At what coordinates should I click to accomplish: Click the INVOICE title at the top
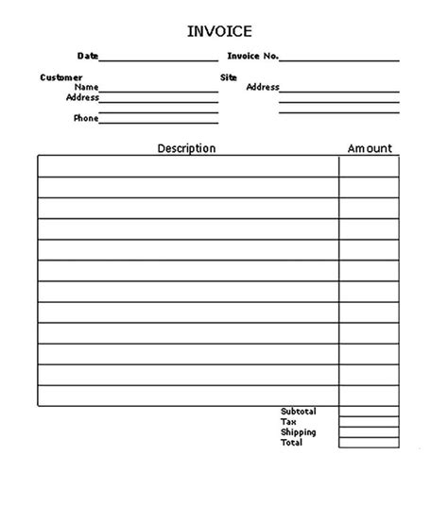[x=219, y=32]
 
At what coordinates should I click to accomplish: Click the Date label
[x=88, y=57]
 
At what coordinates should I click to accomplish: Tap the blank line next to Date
[x=158, y=59]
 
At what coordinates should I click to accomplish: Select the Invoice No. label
[x=252, y=57]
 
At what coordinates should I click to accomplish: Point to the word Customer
[x=61, y=77]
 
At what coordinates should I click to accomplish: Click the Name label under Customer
[x=86, y=87]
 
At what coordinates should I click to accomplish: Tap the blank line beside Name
[x=158, y=91]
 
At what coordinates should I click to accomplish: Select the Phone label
[x=85, y=118]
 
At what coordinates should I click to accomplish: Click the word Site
[x=228, y=77]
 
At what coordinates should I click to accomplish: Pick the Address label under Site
[x=263, y=88]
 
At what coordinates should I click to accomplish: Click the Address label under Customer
[x=82, y=97]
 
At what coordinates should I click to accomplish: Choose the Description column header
[x=186, y=148]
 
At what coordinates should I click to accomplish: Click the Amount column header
[x=370, y=148]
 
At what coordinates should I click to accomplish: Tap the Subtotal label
[x=298, y=412]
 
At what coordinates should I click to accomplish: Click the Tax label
[x=288, y=422]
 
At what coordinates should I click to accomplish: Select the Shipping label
[x=298, y=432]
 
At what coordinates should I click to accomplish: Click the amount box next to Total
[x=369, y=443]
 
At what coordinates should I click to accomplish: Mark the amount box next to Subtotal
[x=369, y=412]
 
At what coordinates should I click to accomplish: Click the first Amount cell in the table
[x=369, y=166]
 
